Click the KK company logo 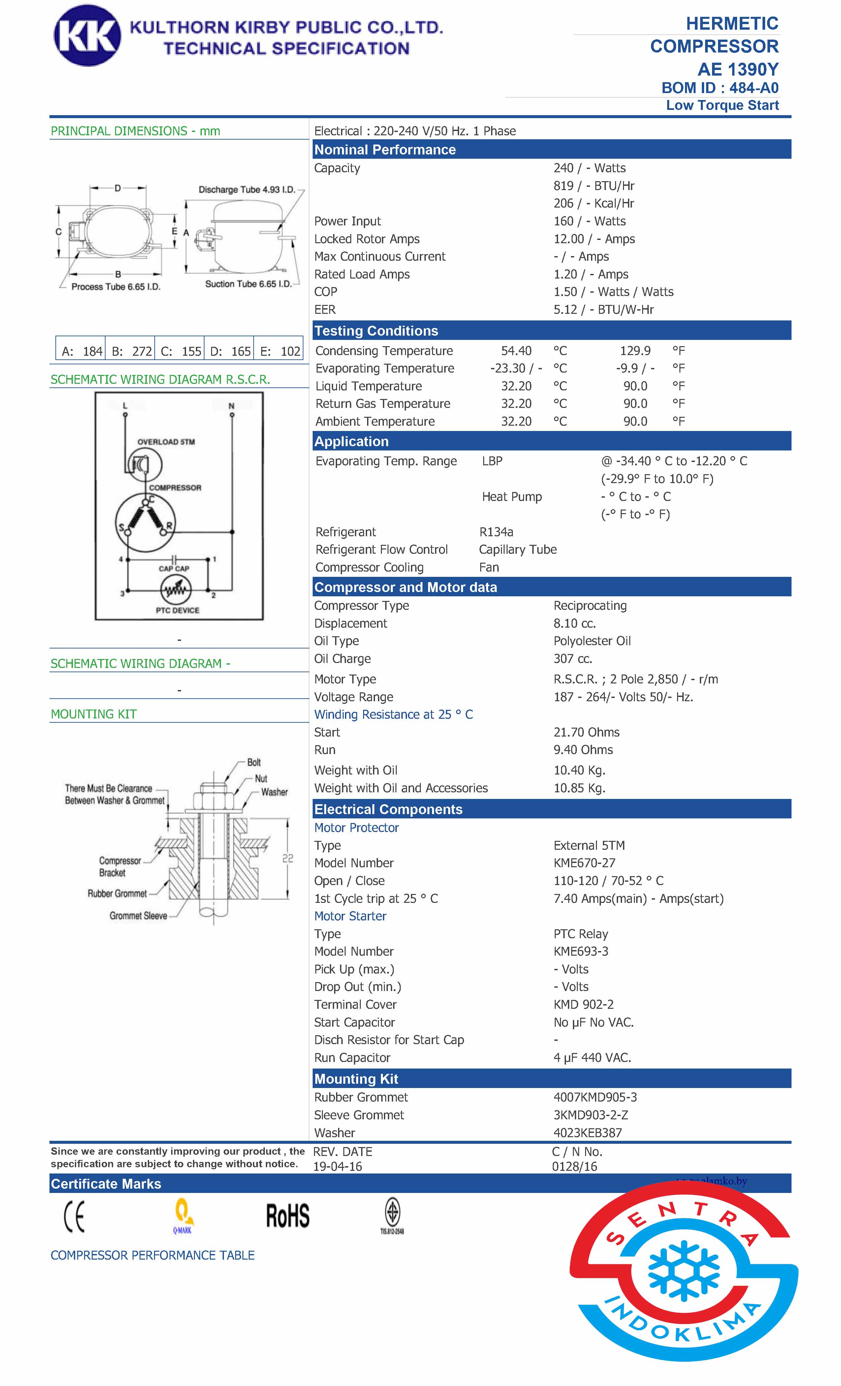pos(87,35)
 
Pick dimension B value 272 pos(142,351)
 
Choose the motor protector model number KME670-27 pos(584,863)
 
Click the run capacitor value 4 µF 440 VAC pos(592,1058)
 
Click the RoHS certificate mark pos(287,1216)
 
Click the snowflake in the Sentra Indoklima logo pos(684,1271)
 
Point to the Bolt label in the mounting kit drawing pos(254,762)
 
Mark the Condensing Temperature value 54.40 pos(516,351)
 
